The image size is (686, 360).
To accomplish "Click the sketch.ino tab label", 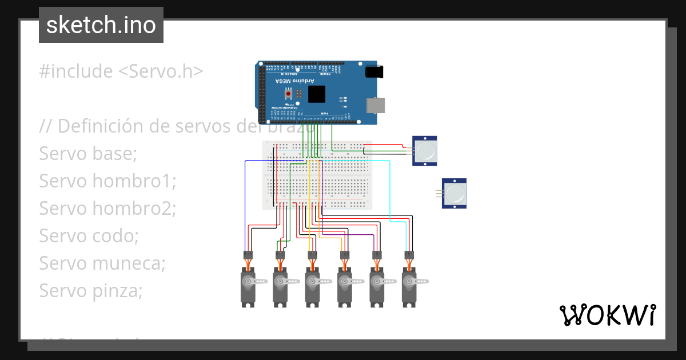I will pyautogui.click(x=101, y=25).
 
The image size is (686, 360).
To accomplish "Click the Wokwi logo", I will pyautogui.click(x=607, y=315).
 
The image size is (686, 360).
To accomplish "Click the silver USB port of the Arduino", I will pyautogui.click(x=375, y=105).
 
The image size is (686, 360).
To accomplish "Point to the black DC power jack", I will pyautogui.click(x=374, y=72).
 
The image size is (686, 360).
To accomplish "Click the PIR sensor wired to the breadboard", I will pyautogui.click(x=425, y=151).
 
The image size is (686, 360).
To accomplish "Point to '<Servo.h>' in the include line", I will pyautogui.click(x=161, y=71).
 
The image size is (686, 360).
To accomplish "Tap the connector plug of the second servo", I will pyautogui.click(x=280, y=255).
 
